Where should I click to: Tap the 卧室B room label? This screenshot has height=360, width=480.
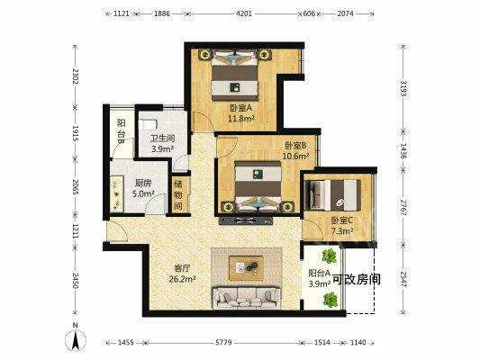(x=296, y=145)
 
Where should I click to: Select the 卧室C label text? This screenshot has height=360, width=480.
(x=340, y=220)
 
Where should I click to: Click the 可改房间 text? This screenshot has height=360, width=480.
(x=356, y=280)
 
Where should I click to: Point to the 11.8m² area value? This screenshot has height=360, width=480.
(x=240, y=117)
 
